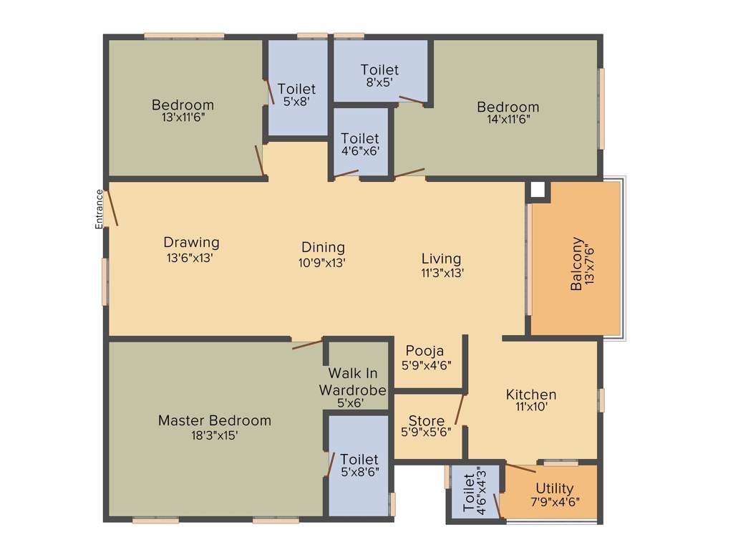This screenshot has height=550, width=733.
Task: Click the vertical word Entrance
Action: (x=99, y=208)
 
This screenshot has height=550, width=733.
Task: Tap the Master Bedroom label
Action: (x=214, y=420)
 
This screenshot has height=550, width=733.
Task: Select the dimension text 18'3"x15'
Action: (x=214, y=435)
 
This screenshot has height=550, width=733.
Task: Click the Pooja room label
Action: (x=424, y=351)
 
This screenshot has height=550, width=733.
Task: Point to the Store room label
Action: (x=427, y=420)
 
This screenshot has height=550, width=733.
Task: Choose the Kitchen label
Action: (x=531, y=395)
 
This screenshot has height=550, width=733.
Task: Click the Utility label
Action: (x=555, y=488)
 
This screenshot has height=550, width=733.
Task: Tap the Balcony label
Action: (x=576, y=264)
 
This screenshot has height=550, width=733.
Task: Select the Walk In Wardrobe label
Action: (x=352, y=382)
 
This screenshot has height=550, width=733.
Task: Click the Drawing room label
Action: (x=191, y=242)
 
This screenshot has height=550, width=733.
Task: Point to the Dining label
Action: (x=322, y=248)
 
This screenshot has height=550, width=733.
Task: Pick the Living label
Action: (x=441, y=259)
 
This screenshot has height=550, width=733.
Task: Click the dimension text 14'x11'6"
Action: (x=508, y=120)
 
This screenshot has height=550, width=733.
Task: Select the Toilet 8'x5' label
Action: (x=379, y=75)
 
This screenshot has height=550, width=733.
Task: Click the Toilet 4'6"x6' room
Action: (x=360, y=143)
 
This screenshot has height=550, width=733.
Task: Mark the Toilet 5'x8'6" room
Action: (x=359, y=465)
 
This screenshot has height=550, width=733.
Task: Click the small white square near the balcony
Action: (x=538, y=190)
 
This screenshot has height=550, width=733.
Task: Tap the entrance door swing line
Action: (x=112, y=208)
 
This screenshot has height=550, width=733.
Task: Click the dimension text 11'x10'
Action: (x=531, y=407)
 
